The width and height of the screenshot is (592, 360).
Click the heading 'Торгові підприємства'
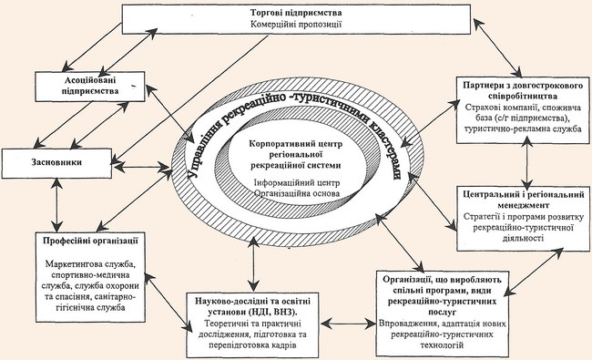point(296,13)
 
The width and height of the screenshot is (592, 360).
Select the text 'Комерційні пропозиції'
point(296,25)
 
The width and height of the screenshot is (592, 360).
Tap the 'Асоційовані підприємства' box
point(90,87)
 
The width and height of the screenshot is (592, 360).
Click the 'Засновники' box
point(56,163)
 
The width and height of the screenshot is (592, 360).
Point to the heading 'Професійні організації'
point(90,241)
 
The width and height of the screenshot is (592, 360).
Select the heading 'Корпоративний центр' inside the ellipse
point(296,144)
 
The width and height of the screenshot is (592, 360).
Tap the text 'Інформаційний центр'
point(297,183)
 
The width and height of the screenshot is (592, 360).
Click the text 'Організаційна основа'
point(297,193)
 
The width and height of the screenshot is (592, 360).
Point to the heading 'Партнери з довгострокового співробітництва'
point(523,90)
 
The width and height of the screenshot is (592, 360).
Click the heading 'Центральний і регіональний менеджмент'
point(524,200)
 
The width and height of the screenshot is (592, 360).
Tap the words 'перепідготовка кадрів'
point(253,345)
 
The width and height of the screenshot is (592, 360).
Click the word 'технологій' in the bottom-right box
point(442,345)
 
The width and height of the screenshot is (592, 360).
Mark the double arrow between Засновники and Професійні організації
point(56,205)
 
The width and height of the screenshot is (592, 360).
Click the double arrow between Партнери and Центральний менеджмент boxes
point(527,161)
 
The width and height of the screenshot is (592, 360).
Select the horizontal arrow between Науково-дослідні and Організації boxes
point(348,324)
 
